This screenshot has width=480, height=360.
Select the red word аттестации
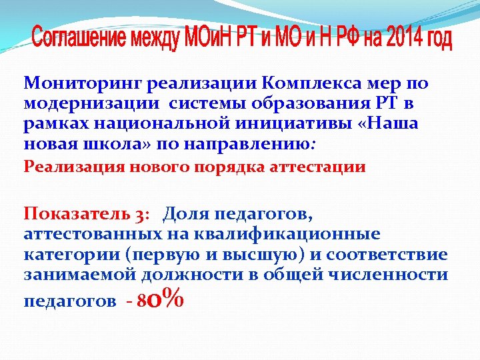(319, 167)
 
